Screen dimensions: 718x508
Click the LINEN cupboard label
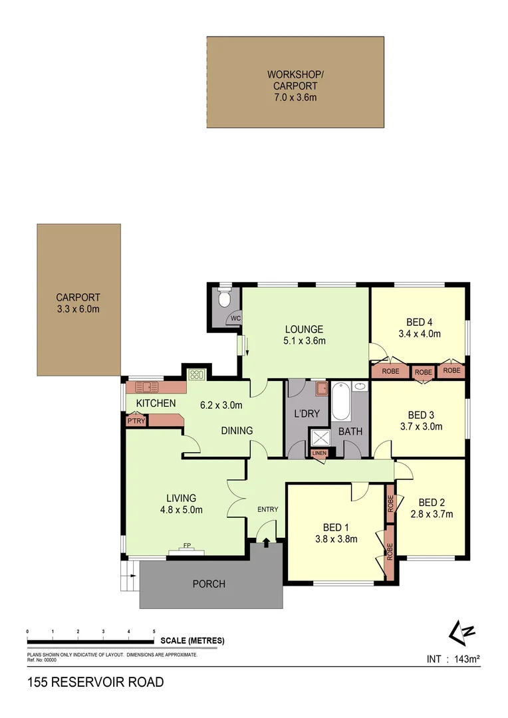[320, 453]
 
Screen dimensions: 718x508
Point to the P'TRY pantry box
[136, 421]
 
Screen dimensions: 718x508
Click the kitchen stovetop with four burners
[196, 374]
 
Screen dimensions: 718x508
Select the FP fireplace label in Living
[187, 545]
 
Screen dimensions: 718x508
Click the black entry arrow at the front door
[267, 543]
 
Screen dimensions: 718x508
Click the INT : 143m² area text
[453, 659]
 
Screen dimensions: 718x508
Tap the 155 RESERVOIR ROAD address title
[95, 682]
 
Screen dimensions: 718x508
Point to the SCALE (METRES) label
[192, 641]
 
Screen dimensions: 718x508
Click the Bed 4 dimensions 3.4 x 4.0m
[420, 334]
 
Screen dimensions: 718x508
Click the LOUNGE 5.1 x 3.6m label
[304, 335]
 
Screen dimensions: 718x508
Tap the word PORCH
[209, 584]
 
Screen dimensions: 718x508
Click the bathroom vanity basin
[360, 386]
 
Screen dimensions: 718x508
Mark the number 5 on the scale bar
[154, 631]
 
